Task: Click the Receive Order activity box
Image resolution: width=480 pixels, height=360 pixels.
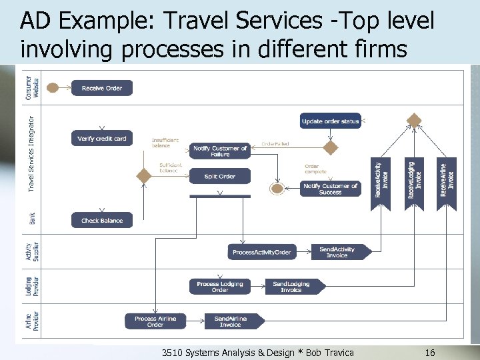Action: pos(102,88)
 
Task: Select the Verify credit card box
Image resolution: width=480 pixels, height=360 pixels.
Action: pos(101,138)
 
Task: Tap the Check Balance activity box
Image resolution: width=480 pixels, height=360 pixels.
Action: pos(101,221)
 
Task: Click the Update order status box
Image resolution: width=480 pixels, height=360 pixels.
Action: pos(331,121)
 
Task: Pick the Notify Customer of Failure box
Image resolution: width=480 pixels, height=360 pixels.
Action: pos(220,151)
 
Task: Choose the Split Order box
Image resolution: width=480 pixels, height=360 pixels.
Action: pos(220,176)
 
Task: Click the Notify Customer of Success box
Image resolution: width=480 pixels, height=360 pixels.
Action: pos(331,189)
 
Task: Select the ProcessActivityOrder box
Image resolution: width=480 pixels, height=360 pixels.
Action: pos(261,252)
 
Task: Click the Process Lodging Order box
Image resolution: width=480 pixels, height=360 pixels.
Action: pos(220,287)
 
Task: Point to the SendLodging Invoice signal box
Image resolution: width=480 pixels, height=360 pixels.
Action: pos(293,287)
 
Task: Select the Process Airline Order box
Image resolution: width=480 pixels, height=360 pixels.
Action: pos(155,321)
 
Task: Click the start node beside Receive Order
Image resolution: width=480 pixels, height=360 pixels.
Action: pos(53,88)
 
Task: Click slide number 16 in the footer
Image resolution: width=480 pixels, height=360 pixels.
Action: pos(429,352)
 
